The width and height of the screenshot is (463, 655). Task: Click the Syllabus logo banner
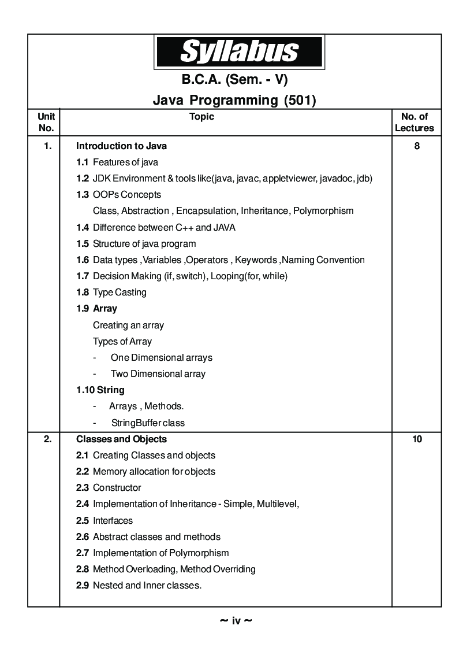click(x=238, y=52)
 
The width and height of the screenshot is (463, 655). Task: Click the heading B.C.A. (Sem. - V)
click(x=234, y=79)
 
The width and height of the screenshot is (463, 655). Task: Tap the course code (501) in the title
click(x=300, y=100)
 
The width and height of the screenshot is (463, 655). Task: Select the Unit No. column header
click(x=46, y=123)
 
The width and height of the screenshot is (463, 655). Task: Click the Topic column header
click(x=201, y=117)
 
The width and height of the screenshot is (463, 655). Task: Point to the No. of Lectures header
click(x=415, y=123)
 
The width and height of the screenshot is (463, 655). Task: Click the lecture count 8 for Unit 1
click(x=417, y=146)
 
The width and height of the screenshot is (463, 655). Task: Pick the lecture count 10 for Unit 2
click(x=417, y=439)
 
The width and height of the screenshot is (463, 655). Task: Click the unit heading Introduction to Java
click(x=121, y=146)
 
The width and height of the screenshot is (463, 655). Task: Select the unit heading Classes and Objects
click(x=121, y=439)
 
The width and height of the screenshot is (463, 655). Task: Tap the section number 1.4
click(x=83, y=228)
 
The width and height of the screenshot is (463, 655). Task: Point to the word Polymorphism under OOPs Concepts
click(x=323, y=211)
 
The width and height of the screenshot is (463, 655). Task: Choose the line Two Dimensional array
click(x=158, y=374)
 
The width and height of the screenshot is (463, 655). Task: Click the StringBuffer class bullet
click(x=148, y=423)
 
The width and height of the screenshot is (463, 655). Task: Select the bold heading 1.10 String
click(x=100, y=390)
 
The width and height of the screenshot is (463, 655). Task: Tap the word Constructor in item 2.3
click(x=117, y=488)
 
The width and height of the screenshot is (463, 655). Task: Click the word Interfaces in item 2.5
click(x=113, y=521)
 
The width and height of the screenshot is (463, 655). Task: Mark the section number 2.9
click(x=83, y=586)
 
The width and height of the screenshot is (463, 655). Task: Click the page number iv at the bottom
click(x=236, y=621)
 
